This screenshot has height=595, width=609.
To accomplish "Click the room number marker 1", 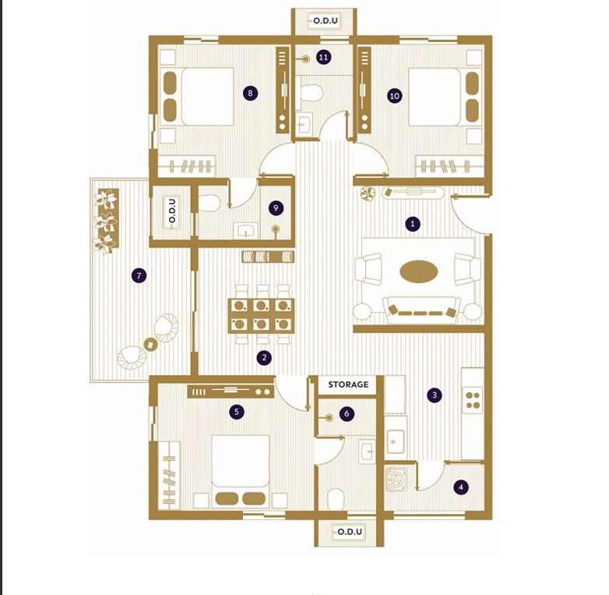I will (x=414, y=224).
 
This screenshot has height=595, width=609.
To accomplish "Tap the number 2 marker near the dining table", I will (x=264, y=358).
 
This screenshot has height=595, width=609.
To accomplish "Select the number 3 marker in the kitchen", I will (x=435, y=395).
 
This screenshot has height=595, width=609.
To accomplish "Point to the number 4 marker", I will (x=461, y=487).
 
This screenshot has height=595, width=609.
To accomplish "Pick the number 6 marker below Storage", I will (x=347, y=414).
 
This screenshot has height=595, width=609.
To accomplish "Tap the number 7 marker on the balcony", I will (x=139, y=275).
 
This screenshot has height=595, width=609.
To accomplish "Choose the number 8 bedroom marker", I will (x=249, y=93).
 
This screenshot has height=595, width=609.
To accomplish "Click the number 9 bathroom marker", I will (x=275, y=208).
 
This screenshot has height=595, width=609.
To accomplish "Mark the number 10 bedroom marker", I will (x=394, y=95).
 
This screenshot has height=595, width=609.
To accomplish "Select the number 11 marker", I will (x=323, y=57).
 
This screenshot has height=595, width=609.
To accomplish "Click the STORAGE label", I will (x=348, y=384).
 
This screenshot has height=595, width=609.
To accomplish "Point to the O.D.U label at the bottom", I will (x=348, y=532).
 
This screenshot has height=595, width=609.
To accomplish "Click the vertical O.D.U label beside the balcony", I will (x=172, y=211).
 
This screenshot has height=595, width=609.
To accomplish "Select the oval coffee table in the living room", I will (x=419, y=271).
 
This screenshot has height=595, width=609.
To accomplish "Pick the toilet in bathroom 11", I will (x=311, y=93).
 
